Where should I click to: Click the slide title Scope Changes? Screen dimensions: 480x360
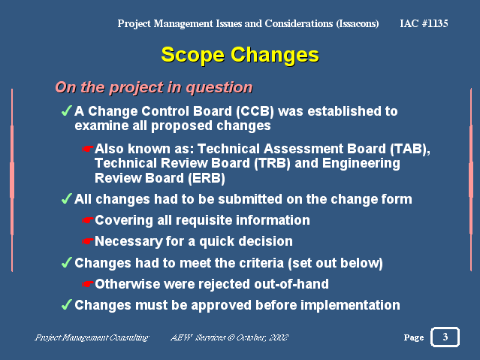click(x=240, y=56)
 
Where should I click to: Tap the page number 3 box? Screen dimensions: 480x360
click(x=445, y=337)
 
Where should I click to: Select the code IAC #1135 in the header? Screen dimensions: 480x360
click(x=424, y=23)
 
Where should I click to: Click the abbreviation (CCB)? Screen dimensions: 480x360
click(x=255, y=111)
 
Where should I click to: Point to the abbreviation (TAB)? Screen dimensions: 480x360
click(x=410, y=149)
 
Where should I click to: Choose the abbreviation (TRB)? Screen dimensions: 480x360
click(x=272, y=163)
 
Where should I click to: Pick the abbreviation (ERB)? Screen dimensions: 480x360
click(x=207, y=178)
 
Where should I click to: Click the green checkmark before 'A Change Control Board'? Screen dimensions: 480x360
click(x=67, y=110)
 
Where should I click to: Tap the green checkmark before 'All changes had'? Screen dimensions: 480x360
click(x=67, y=198)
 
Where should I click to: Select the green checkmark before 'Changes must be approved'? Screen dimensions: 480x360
click(x=67, y=304)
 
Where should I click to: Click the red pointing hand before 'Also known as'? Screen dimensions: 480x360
click(x=88, y=150)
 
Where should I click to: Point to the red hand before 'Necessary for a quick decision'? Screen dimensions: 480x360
click(x=88, y=241)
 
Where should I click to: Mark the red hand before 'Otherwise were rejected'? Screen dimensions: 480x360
click(x=88, y=284)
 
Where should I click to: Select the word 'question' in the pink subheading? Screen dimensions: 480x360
click(x=219, y=88)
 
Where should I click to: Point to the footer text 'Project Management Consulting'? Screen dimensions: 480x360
click(x=92, y=337)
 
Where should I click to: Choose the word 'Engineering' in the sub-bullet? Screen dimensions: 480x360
click(x=361, y=164)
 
